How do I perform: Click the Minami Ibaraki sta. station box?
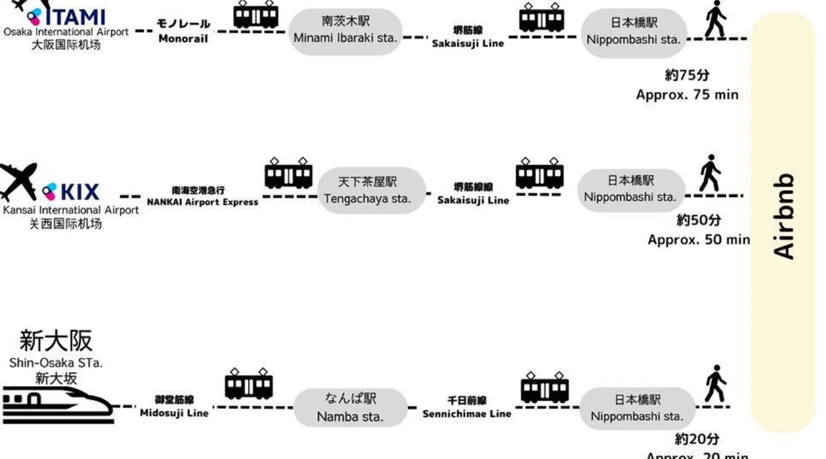pos(345,31)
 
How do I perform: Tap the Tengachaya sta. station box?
pos(371,190)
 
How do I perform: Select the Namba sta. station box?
pos(350,408)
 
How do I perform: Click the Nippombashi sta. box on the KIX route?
pos(631,190)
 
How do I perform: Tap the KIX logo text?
pos(79,192)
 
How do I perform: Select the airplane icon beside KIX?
pos(18,181)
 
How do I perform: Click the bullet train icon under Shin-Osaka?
pos(57,405)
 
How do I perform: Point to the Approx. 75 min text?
pos(687,95)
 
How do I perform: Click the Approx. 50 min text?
pos(698,240)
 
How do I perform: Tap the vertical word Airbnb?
pos(784,216)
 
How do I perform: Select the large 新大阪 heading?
pos(56,341)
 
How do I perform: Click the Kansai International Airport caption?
pos(71,210)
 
